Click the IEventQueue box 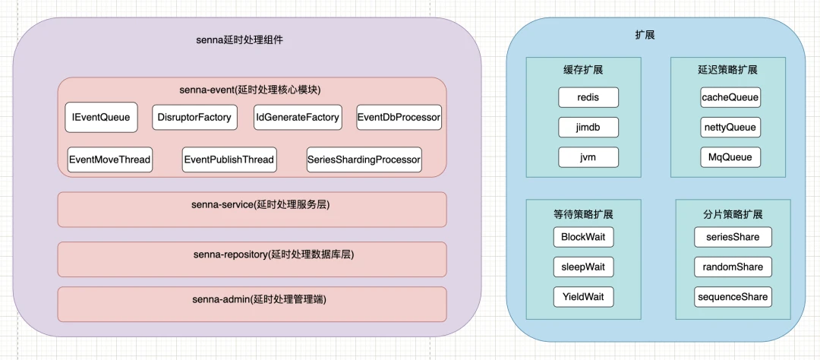coord(101,118)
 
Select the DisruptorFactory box coord(194,118)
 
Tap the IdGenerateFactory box coord(298,118)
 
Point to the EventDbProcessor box coord(399,118)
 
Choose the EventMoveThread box coord(109,160)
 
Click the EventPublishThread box coord(229,160)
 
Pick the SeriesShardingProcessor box coord(364,160)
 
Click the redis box coord(588,97)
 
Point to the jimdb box coord(588,127)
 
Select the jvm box coord(588,157)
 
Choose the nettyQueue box coord(730,127)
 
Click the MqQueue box coord(730,157)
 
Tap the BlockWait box coord(583,237)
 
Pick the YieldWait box coord(583,296)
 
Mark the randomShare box coord(733,267)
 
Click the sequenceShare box coord(733,296)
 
